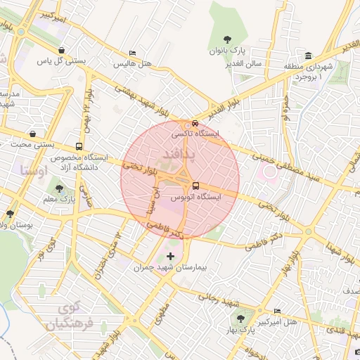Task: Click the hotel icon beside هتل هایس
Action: pyautogui.click(x=132, y=53)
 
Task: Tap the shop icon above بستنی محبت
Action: pyautogui.click(x=33, y=134)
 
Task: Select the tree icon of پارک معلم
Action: pyautogui.click(x=59, y=188)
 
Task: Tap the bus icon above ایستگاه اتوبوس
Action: pyautogui.click(x=195, y=186)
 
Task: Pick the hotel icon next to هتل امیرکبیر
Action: pyautogui.click(x=276, y=311)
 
